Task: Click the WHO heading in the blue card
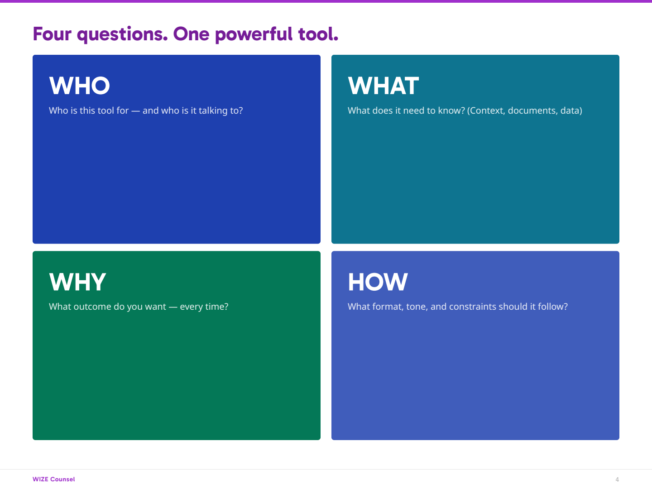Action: [x=80, y=86]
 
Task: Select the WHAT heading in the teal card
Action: [x=383, y=86]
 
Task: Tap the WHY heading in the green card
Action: [x=77, y=282]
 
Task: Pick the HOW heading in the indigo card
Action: [x=378, y=282]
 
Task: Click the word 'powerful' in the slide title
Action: [x=254, y=34]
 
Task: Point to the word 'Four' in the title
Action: [x=52, y=34]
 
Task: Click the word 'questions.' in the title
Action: [x=122, y=34]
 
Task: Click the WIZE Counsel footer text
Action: [x=53, y=479]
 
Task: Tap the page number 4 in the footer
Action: [x=617, y=479]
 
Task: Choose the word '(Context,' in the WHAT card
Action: [x=486, y=111]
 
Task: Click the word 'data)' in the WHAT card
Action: [x=571, y=111]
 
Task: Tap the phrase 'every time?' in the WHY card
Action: [x=204, y=307]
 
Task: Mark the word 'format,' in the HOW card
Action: [x=388, y=307]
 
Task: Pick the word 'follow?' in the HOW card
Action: [x=552, y=307]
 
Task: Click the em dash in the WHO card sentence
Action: [x=136, y=111]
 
